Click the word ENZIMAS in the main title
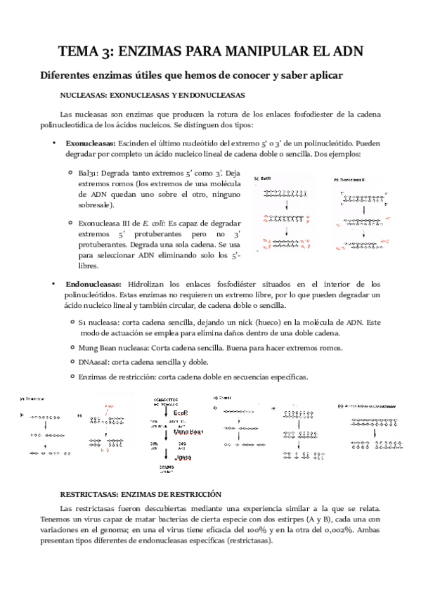pyautogui.click(x=157, y=51)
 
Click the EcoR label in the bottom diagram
pyautogui.click(x=181, y=413)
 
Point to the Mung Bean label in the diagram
pyautogui.click(x=188, y=432)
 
